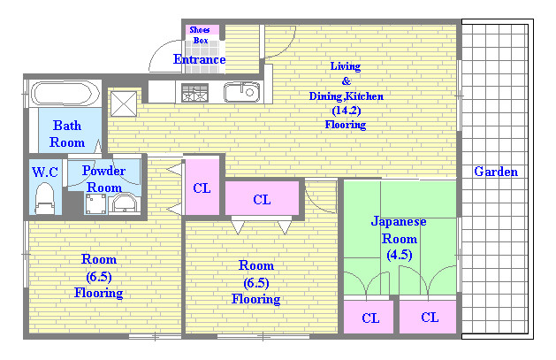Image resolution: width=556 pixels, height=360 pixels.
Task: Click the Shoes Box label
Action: [x=200, y=34]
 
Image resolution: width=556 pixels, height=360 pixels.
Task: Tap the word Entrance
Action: [x=199, y=60]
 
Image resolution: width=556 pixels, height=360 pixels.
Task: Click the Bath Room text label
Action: [x=67, y=134]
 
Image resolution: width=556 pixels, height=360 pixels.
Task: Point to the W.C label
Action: [x=44, y=171]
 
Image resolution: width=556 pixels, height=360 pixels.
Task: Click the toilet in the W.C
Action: [x=44, y=199]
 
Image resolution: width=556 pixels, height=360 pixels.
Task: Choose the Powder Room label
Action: [x=103, y=179]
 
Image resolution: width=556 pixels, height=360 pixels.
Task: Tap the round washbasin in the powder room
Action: [x=125, y=204]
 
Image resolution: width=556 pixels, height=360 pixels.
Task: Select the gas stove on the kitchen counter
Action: [x=194, y=91]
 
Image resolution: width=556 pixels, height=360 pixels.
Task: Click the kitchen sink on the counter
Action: [x=240, y=92]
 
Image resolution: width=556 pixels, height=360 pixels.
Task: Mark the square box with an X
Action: [x=122, y=102]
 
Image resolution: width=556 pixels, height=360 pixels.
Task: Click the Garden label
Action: [x=495, y=172]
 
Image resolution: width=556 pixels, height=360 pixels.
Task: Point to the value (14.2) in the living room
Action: [x=345, y=111]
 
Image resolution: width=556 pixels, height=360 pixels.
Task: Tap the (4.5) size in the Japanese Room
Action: [x=399, y=255]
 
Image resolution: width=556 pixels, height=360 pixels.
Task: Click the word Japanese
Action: [x=400, y=221]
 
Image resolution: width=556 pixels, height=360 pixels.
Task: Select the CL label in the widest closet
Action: [x=262, y=200]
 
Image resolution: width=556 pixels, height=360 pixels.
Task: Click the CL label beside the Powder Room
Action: [x=202, y=187]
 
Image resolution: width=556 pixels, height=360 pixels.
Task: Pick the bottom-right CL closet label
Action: [x=430, y=317]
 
